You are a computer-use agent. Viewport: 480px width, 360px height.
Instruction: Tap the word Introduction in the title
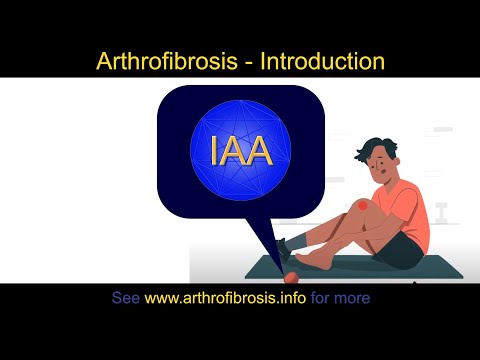coord(321,61)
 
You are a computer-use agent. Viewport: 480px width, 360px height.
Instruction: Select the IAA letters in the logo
coord(241,149)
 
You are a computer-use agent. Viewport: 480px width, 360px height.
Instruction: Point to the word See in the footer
coord(125,298)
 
